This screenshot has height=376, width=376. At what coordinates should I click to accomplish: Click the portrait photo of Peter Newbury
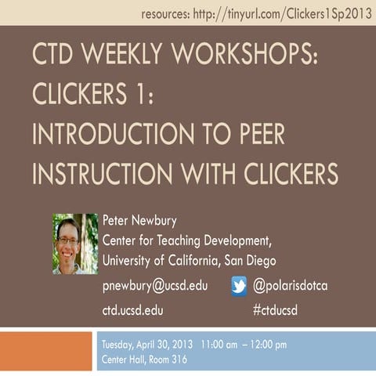[x=75, y=243]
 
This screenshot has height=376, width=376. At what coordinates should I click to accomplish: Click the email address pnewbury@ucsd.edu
[x=155, y=286]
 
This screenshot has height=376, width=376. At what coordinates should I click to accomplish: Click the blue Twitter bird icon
[x=239, y=286]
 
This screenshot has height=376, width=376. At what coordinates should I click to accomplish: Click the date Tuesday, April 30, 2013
[x=148, y=345]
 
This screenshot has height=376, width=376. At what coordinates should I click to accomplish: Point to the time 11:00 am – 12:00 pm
[x=244, y=345]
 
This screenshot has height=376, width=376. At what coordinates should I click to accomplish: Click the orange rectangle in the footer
[x=46, y=352]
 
